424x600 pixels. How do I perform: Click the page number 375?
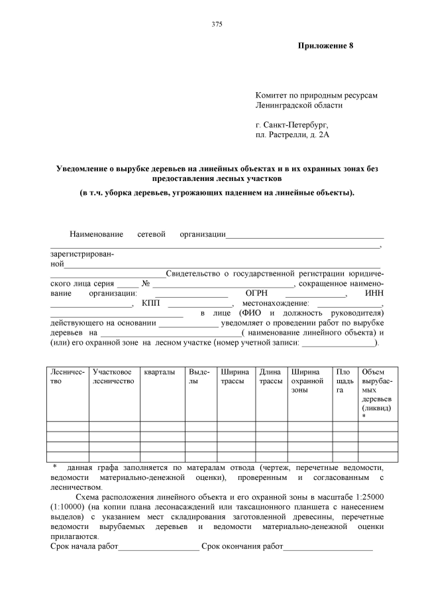click(217, 25)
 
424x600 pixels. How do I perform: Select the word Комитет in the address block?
click(271, 95)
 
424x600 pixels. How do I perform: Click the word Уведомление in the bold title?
click(87, 169)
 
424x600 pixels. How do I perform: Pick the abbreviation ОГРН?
click(256, 293)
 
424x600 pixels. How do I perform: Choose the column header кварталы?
click(160, 372)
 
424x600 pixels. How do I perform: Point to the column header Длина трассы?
click(270, 377)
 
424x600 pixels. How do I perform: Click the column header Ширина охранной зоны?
click(308, 381)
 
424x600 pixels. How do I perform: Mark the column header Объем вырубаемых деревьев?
click(378, 390)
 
